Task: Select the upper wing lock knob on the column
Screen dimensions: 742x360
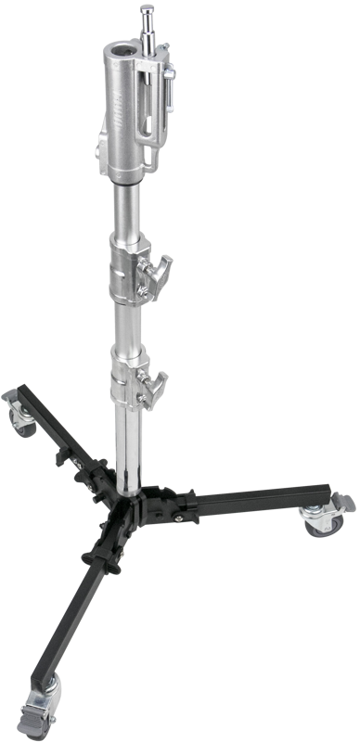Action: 160,270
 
